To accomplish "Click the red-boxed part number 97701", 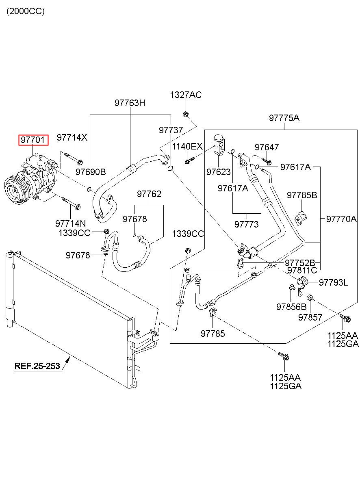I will (x=33, y=140).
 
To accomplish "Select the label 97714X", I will (x=72, y=137).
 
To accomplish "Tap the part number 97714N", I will (x=71, y=223).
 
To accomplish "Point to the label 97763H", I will (x=130, y=103).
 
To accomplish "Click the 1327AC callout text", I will (x=186, y=95).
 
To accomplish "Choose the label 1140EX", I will (x=187, y=146).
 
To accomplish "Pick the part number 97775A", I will (x=284, y=118).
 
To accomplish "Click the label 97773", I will (x=247, y=224).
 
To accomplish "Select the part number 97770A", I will (x=341, y=219).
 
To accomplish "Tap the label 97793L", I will (x=333, y=282).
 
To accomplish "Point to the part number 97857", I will (x=310, y=317).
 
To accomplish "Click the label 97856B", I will (x=291, y=307).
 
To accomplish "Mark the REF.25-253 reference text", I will (x=37, y=366).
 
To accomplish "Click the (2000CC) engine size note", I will (x=25, y=11).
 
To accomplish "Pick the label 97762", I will (x=149, y=194).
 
